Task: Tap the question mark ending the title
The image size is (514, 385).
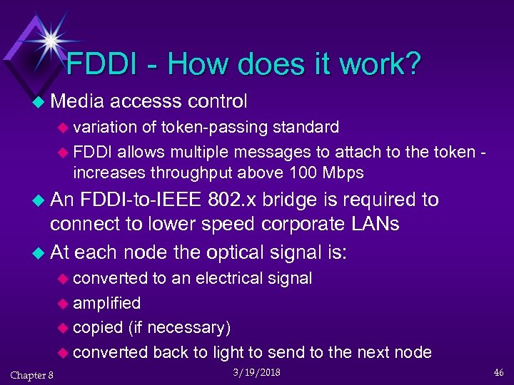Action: (x=411, y=64)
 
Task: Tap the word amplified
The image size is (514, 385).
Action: (x=107, y=303)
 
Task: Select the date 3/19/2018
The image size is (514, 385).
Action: (x=256, y=373)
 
